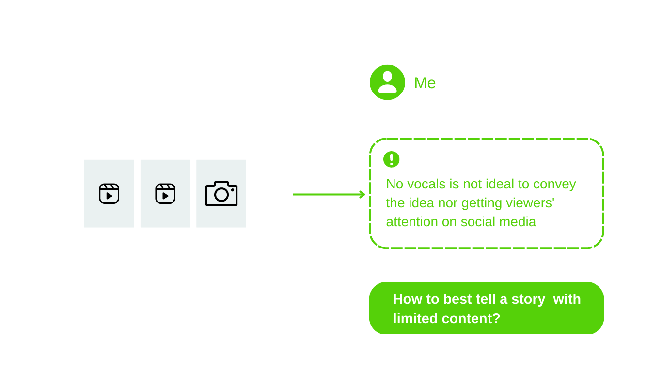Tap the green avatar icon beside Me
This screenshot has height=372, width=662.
[x=387, y=82]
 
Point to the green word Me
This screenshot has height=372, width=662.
[x=425, y=83]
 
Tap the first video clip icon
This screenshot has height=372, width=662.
[x=109, y=194]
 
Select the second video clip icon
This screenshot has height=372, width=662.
[x=165, y=194]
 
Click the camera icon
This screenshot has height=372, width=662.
[x=221, y=193]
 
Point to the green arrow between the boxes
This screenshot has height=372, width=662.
[x=329, y=194]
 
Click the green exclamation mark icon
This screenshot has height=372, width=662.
[x=392, y=159]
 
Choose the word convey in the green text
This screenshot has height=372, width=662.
[x=555, y=184]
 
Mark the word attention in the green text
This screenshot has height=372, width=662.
[x=411, y=222]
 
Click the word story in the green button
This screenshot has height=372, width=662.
[x=528, y=299]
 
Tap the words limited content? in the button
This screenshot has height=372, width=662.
[x=446, y=318]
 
